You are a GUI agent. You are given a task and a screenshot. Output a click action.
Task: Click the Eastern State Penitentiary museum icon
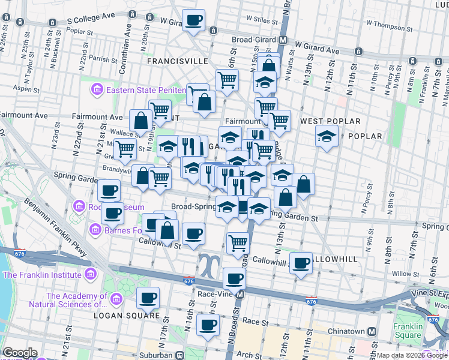(96, 91)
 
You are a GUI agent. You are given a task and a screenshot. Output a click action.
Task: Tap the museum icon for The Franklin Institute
(91, 275)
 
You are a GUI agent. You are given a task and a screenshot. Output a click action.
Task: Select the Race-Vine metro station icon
(240, 295)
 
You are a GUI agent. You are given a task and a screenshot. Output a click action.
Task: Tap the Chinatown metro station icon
(372, 331)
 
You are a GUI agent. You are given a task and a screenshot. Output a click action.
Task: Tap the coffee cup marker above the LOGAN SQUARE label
(148, 298)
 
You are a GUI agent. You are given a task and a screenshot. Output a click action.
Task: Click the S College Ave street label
(90, 20)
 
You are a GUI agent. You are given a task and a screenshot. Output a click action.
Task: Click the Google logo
(19, 353)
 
